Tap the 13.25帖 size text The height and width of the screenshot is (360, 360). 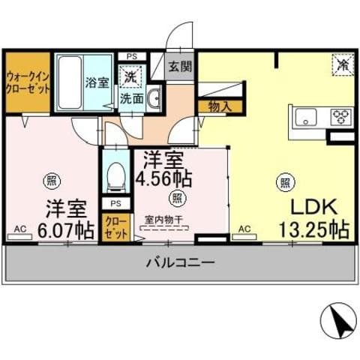pos(313,229)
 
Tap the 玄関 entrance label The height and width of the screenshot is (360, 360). pos(180,65)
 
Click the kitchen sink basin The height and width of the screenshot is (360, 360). pos(307,116)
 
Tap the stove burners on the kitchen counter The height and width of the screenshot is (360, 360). pos(342,116)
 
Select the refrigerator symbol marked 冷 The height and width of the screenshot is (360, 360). pos(341,65)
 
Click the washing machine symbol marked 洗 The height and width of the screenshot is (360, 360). pos(130,76)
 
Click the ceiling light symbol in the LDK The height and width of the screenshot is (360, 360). pos(285,180)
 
